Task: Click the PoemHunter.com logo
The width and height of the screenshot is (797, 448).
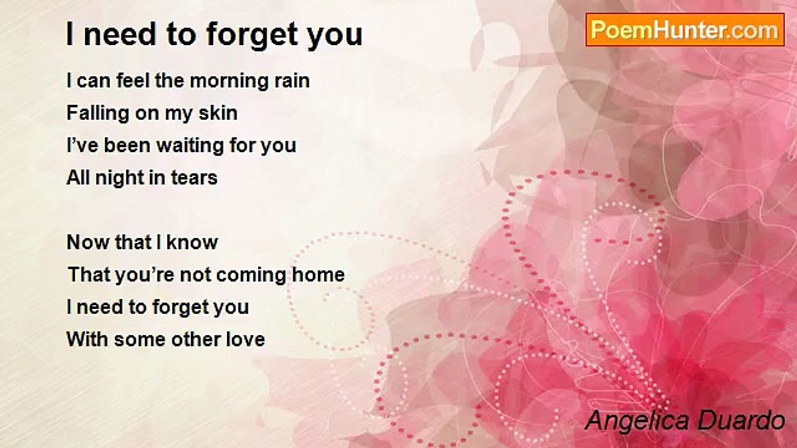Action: (x=685, y=30)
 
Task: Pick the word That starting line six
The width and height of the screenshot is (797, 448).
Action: (x=89, y=275)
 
